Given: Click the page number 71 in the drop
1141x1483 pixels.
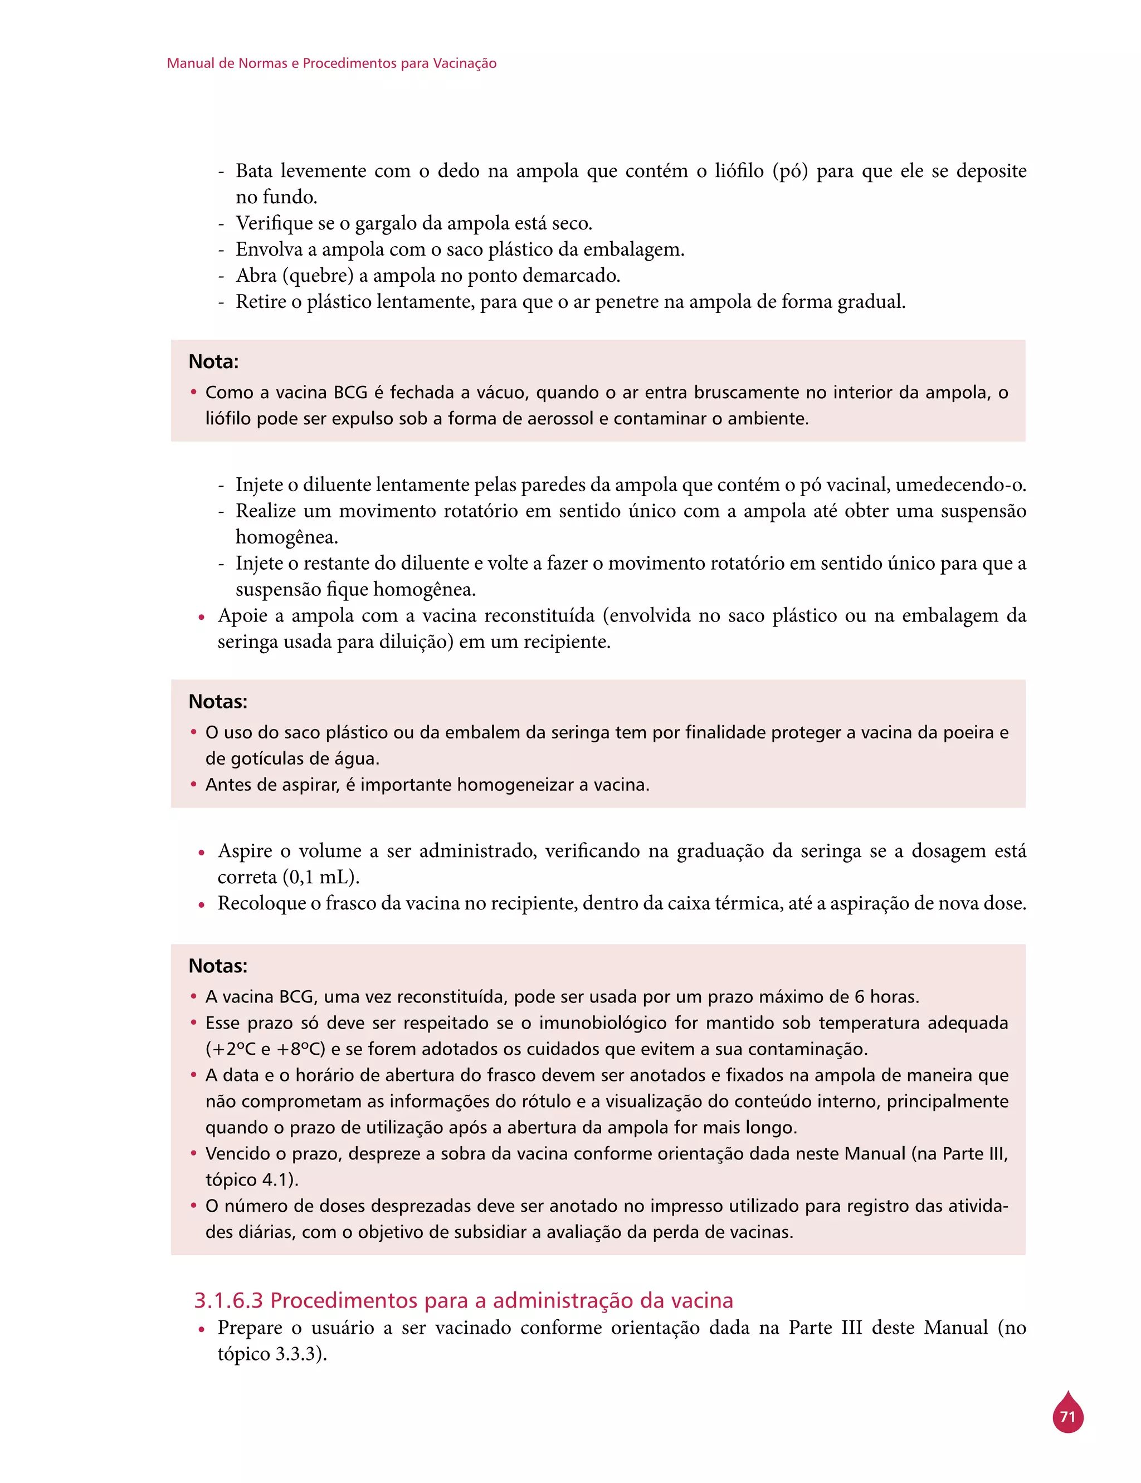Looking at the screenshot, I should (1067, 1417).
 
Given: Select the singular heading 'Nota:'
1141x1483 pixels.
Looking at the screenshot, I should (213, 362).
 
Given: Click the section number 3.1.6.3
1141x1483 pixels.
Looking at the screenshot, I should (228, 1300).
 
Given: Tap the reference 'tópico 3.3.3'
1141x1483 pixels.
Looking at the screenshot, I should (270, 1354).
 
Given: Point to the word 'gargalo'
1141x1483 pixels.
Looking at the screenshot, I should (387, 223).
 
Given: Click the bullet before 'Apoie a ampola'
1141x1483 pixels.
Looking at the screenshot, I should (202, 618).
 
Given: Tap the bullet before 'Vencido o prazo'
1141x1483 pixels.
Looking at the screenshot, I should (193, 1153).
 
